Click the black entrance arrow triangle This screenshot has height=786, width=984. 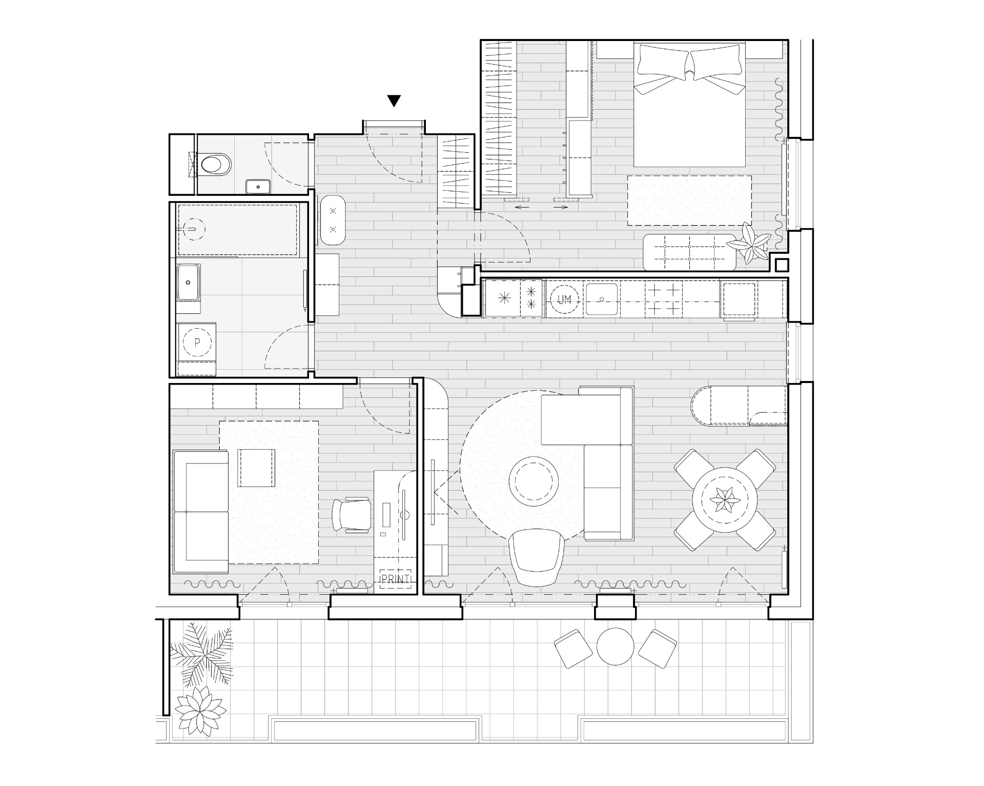[394, 100]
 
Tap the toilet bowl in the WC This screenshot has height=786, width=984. [216, 165]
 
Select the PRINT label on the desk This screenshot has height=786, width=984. [395, 579]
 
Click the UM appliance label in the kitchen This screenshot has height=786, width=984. [564, 300]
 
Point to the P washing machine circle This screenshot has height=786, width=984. [197, 342]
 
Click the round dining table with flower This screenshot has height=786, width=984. [724, 499]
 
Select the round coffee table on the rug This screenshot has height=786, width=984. [534, 481]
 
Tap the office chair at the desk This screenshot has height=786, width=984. [351, 515]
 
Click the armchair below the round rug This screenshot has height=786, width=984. [537, 557]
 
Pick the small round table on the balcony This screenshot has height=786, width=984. [616, 647]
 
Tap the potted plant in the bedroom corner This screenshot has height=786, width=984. [750, 243]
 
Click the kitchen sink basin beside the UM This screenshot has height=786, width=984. [602, 299]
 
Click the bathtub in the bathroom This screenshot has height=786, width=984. [237, 229]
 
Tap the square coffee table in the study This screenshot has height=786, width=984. [256, 468]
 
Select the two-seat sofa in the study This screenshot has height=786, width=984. [201, 511]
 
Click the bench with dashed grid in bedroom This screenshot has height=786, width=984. [689, 252]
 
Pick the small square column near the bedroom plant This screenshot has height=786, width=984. [782, 266]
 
